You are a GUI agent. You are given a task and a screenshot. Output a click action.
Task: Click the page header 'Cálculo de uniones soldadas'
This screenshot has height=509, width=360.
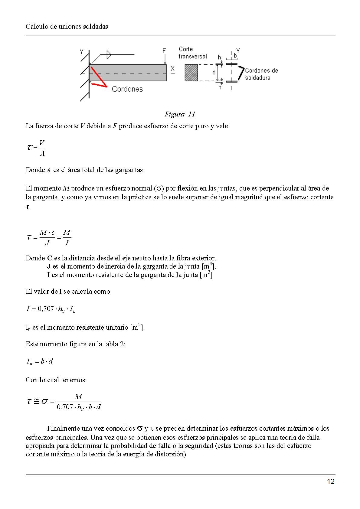[x=67, y=26]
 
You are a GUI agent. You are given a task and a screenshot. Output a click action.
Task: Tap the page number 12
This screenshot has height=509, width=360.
[x=331, y=481]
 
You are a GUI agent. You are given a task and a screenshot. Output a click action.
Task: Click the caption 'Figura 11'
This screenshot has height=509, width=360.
[x=180, y=114]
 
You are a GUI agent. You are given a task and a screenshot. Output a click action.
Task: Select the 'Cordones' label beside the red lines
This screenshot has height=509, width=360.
[x=127, y=89]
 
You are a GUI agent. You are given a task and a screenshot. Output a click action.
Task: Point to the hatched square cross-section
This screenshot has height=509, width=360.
[x=191, y=73]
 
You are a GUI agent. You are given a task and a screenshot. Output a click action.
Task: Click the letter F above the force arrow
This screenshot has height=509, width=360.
[x=164, y=51]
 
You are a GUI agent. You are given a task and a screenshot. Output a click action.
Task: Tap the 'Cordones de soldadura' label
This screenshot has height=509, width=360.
[x=261, y=74]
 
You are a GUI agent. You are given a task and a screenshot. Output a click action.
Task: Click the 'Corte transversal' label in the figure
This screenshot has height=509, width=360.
[x=192, y=53]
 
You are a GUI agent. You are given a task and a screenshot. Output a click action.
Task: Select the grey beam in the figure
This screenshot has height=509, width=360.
[x=128, y=73]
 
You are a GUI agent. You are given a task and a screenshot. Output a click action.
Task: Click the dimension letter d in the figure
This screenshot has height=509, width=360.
[x=214, y=73]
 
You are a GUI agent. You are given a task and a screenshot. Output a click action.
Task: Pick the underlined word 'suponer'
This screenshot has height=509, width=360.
[x=197, y=197]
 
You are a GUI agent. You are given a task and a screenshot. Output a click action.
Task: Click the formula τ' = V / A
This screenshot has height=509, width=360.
[x=36, y=148]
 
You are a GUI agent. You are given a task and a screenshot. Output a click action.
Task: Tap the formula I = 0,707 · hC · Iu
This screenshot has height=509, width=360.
[x=51, y=309]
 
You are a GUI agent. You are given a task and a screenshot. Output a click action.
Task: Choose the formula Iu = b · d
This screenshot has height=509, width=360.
[x=40, y=361]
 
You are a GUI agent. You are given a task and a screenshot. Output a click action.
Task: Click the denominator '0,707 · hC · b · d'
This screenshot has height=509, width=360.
[x=79, y=407]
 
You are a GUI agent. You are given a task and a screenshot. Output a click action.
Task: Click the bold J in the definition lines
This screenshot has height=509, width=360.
[x=49, y=266]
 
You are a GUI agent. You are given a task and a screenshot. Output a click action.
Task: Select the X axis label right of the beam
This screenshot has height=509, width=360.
[x=173, y=69]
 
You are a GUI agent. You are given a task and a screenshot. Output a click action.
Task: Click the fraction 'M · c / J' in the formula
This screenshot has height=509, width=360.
[x=47, y=237]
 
